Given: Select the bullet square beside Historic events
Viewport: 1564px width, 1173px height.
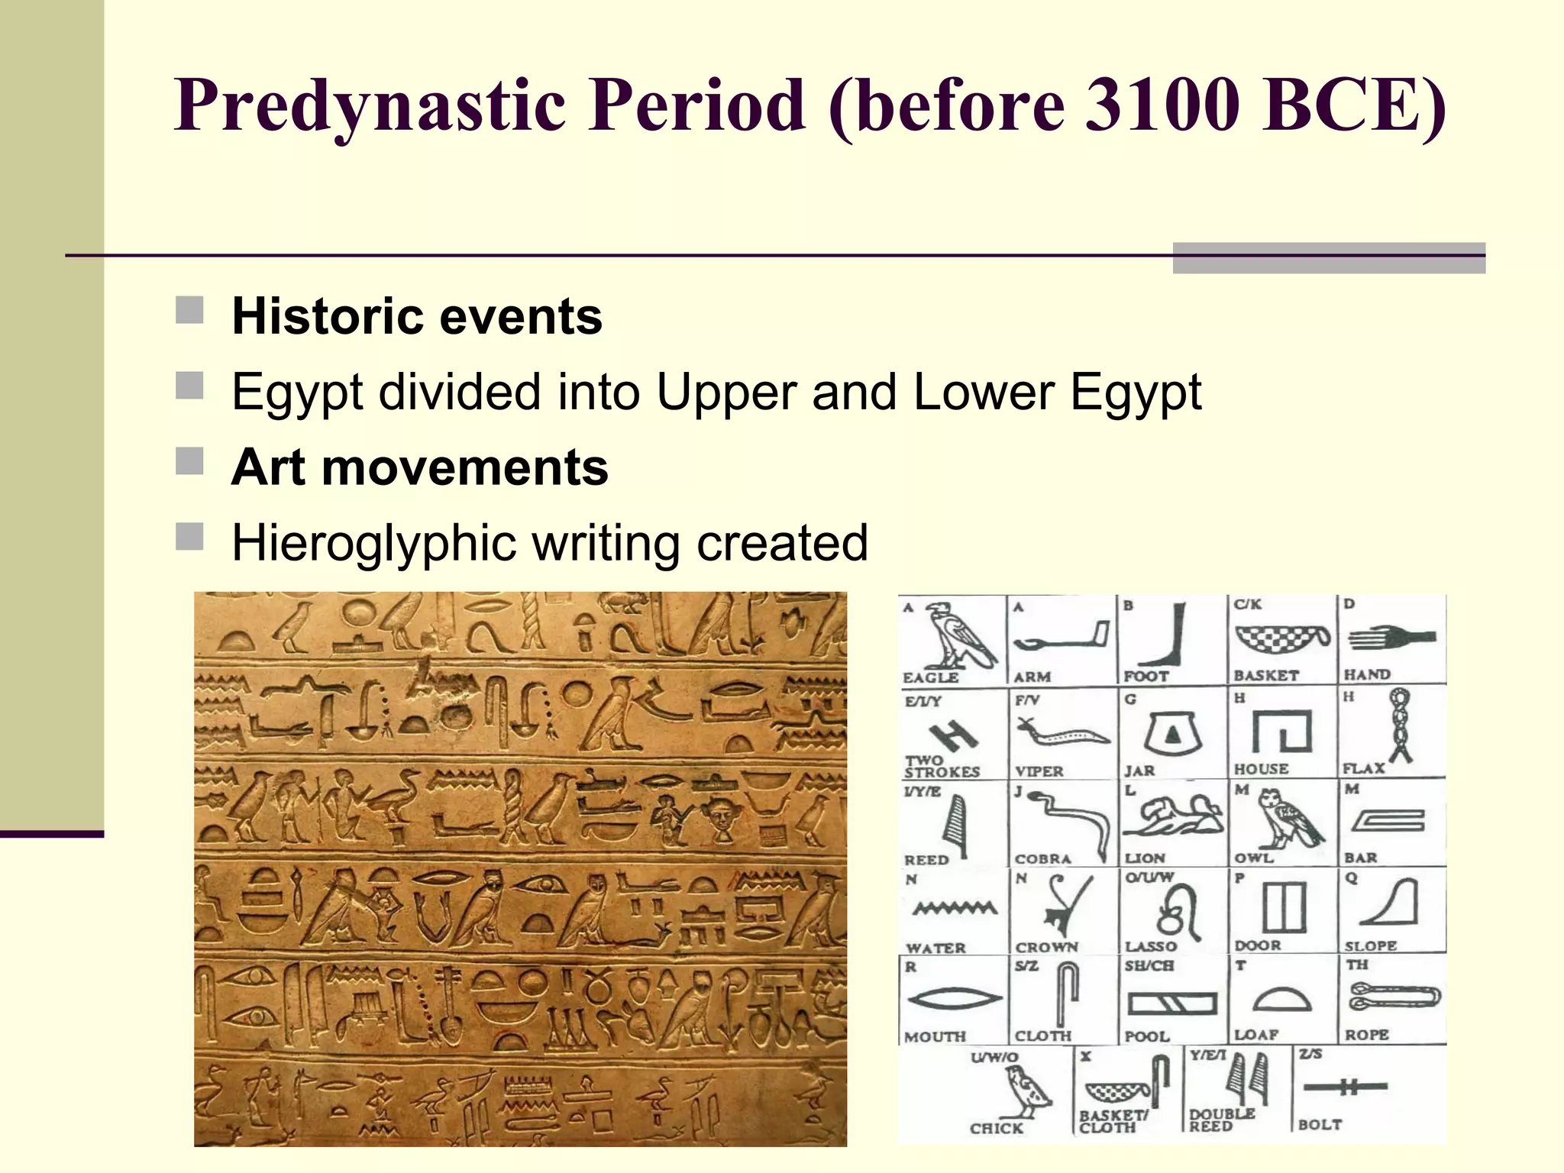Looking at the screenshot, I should (189, 311).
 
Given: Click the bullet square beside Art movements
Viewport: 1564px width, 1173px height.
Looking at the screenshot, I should (189, 461).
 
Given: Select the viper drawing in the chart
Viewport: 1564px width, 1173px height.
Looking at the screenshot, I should (1061, 735).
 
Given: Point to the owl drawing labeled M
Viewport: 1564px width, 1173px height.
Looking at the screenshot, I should (1288, 819).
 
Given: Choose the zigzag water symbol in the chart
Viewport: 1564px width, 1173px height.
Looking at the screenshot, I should (955, 908).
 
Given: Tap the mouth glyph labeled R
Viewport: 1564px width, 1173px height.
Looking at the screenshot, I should (953, 998).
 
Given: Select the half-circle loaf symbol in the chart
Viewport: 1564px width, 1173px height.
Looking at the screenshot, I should (1283, 998).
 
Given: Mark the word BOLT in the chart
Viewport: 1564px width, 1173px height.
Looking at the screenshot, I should (1320, 1125).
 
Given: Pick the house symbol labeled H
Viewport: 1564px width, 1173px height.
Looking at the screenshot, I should (1282, 732).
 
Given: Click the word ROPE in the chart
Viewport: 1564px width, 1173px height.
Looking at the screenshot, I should (1366, 1035).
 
